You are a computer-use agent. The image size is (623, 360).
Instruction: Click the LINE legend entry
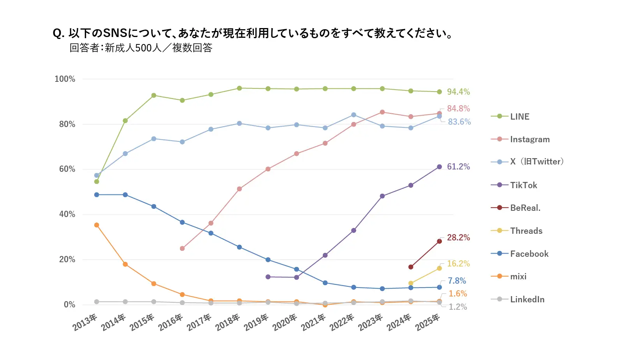(x=519, y=116)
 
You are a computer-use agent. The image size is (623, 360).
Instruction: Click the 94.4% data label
(x=458, y=92)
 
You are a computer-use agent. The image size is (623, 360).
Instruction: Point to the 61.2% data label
(x=458, y=166)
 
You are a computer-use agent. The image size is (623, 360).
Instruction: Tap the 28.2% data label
(x=458, y=237)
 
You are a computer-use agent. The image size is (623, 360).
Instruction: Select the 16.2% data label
(x=458, y=263)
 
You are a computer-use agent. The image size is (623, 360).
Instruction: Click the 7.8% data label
(x=457, y=281)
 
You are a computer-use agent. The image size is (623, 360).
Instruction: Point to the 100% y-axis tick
(x=65, y=79)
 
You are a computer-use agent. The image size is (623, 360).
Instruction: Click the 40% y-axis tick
(x=67, y=214)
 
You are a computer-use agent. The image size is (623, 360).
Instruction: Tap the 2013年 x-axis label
(x=85, y=322)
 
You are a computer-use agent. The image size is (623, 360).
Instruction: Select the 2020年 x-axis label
(x=285, y=322)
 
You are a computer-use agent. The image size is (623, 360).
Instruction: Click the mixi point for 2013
(x=97, y=225)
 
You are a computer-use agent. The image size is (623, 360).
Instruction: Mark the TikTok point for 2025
(x=439, y=167)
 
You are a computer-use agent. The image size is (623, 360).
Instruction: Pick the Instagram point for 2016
(x=182, y=248)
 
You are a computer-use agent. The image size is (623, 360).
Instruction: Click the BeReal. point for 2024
(x=411, y=267)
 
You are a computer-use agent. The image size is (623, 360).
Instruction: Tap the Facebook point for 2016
(x=182, y=222)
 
